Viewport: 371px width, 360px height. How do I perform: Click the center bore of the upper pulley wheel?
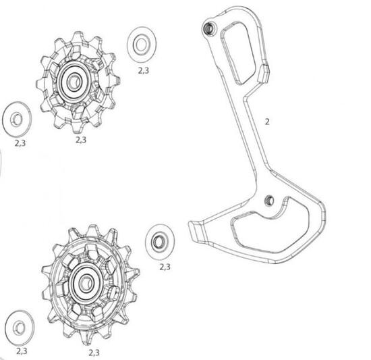point(74,81)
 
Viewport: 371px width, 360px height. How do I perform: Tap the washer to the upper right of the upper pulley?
point(142,45)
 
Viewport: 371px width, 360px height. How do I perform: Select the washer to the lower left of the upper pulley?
point(17,119)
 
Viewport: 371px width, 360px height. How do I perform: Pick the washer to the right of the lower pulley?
point(160,242)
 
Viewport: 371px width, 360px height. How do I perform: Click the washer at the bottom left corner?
point(20,328)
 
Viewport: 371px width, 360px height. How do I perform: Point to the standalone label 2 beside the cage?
point(267,122)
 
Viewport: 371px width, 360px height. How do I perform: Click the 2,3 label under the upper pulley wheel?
point(81,140)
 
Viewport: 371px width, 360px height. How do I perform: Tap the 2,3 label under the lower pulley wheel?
point(94,353)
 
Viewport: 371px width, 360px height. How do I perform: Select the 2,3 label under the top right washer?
point(144,70)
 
